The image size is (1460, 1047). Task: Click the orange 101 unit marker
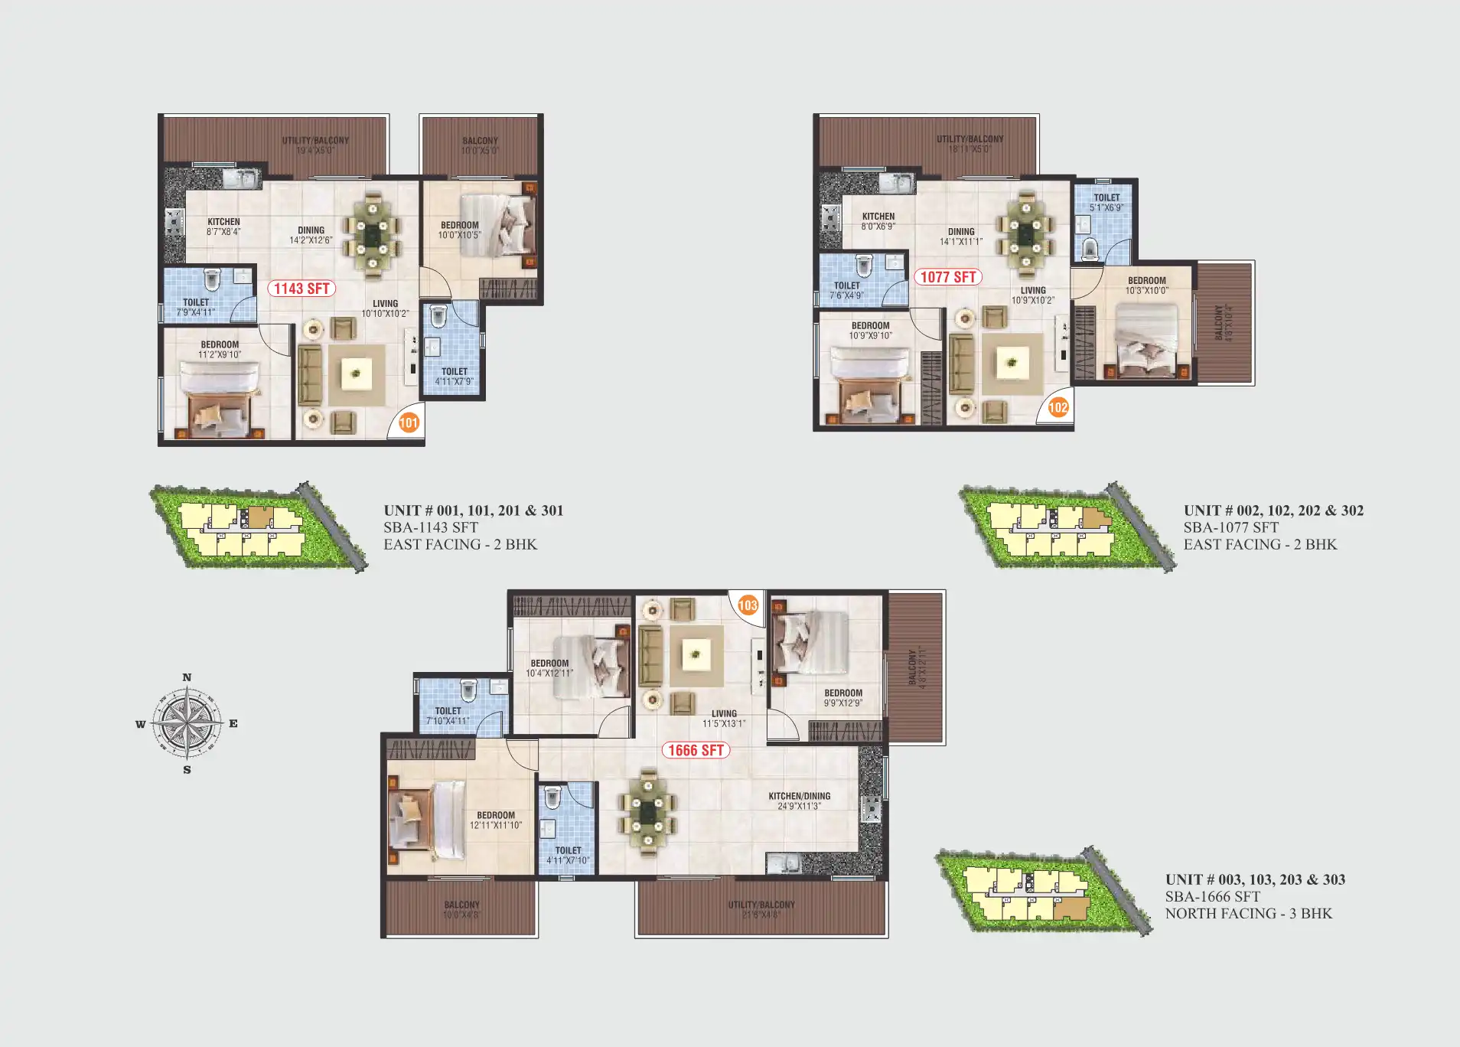(x=409, y=422)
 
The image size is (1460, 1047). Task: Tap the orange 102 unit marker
(x=1058, y=407)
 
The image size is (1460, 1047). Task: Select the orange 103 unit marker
(x=748, y=605)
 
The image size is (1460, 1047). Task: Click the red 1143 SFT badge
(x=301, y=289)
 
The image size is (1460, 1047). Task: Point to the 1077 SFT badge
(x=947, y=277)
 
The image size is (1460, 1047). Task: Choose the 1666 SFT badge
(x=696, y=750)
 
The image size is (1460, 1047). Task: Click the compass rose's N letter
(x=187, y=677)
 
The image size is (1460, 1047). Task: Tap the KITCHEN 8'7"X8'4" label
(x=223, y=227)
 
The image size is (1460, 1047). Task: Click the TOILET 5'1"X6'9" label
(x=1106, y=202)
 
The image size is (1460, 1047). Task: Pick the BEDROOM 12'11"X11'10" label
(x=496, y=820)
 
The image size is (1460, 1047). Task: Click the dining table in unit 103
(x=648, y=813)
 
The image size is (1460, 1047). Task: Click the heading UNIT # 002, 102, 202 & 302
(x=1273, y=510)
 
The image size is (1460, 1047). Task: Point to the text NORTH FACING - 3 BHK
(x=1248, y=913)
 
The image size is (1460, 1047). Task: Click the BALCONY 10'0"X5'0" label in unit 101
(x=480, y=145)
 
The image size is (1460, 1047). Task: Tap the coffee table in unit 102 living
(x=1012, y=363)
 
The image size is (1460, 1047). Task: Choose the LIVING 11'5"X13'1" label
(x=724, y=718)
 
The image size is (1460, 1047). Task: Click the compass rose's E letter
(x=233, y=723)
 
